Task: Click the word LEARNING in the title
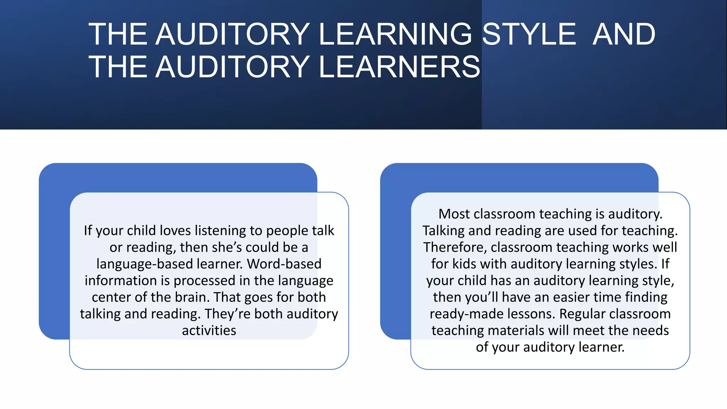pyautogui.click(x=395, y=34)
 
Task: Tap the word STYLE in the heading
pyautogui.click(x=529, y=34)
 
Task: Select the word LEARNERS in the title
pyautogui.click(x=399, y=67)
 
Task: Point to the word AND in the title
pyautogui.click(x=624, y=34)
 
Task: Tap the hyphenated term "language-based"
pyautogui.click(x=144, y=264)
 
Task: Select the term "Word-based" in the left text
pyautogui.click(x=284, y=264)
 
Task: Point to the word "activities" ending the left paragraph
pyautogui.click(x=209, y=331)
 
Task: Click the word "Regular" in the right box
pyautogui.click(x=582, y=314)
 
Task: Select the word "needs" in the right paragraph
pyautogui.click(x=651, y=331)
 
